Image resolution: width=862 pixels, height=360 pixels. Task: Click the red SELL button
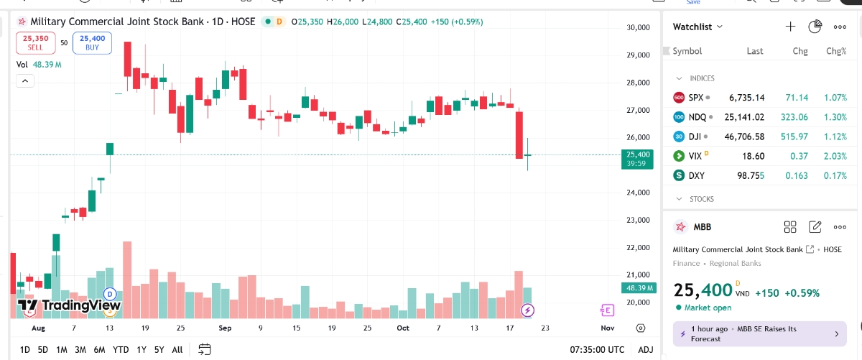pyautogui.click(x=35, y=42)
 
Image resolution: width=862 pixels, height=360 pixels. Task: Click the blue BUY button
pyautogui.click(x=92, y=42)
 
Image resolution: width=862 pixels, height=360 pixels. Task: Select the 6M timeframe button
pyautogui.click(x=99, y=350)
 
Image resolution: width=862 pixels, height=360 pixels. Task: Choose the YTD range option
pyautogui.click(x=121, y=350)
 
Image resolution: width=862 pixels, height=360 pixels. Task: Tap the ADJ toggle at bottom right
pyautogui.click(x=646, y=350)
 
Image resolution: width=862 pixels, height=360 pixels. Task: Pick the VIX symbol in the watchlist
pyautogui.click(x=695, y=156)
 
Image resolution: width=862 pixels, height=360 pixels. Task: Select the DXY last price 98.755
pyautogui.click(x=751, y=175)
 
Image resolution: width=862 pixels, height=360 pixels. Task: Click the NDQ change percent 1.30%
pyautogui.click(x=836, y=117)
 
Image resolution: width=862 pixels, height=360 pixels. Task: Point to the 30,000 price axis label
pyautogui.click(x=639, y=28)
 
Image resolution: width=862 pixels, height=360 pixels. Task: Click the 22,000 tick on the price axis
pyautogui.click(x=639, y=248)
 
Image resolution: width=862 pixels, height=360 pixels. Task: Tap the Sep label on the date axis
pyautogui.click(x=225, y=328)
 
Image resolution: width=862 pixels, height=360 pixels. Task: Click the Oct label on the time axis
pyautogui.click(x=402, y=328)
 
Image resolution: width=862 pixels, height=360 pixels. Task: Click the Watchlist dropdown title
pyautogui.click(x=698, y=27)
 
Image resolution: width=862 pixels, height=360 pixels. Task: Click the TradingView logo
pyautogui.click(x=69, y=305)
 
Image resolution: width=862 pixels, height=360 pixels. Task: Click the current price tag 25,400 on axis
pyautogui.click(x=638, y=154)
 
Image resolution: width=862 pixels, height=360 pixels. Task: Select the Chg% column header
pyautogui.click(x=836, y=51)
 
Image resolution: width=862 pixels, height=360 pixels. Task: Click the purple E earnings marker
pyautogui.click(x=608, y=310)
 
